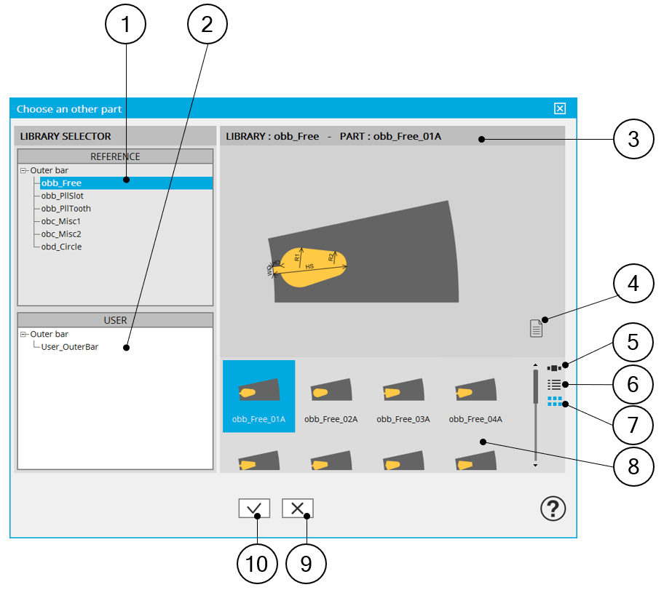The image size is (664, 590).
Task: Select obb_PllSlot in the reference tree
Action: pos(62,196)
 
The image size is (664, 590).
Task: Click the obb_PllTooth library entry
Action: pos(66,208)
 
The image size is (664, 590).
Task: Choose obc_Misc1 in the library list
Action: pos(60,221)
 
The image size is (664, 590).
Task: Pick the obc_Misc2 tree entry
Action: pos(60,234)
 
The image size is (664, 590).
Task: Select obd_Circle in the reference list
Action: pos(61,247)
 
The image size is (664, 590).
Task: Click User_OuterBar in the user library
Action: pos(70,347)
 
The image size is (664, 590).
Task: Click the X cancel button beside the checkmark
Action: pos(297,509)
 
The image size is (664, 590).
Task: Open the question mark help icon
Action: pos(553,509)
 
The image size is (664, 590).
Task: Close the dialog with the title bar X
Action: pos(559,108)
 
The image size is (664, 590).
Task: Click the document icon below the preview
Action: pos(536,328)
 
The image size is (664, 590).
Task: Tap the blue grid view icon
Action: pos(555,401)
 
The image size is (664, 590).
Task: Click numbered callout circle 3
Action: pos(633,139)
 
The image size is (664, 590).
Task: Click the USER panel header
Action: pos(115,320)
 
